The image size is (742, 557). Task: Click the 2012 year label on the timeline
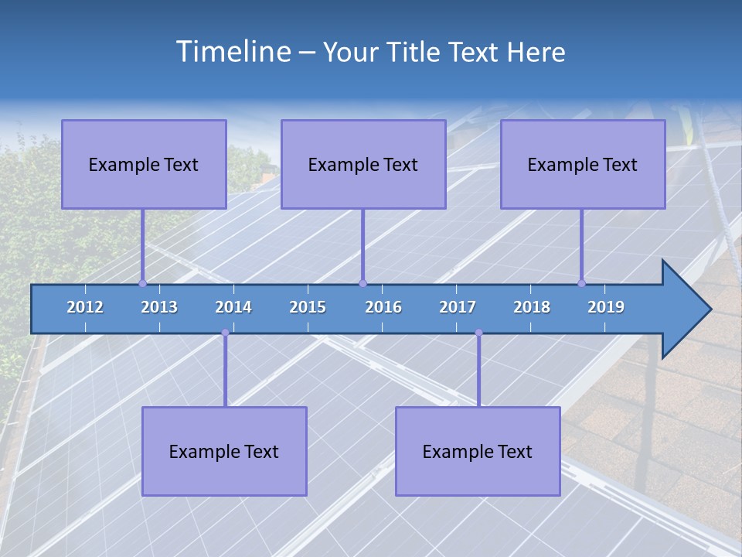click(x=85, y=307)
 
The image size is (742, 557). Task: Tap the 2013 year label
click(x=159, y=307)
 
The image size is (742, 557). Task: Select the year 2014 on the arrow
click(x=233, y=307)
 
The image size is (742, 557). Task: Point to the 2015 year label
click(x=308, y=307)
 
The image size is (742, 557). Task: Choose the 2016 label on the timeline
click(x=383, y=307)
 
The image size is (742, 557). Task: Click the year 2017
click(x=458, y=307)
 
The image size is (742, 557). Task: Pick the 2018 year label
click(x=532, y=307)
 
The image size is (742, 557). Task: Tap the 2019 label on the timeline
click(x=606, y=307)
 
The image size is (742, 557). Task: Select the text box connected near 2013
click(x=144, y=164)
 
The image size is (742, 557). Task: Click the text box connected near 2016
click(x=363, y=164)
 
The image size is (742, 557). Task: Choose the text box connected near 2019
click(x=583, y=164)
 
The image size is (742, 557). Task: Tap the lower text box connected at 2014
click(x=224, y=451)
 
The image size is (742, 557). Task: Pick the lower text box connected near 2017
click(x=478, y=451)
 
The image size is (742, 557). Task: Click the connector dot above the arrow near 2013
click(x=142, y=283)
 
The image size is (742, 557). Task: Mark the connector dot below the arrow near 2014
click(x=225, y=333)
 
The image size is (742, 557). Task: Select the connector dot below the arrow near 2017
click(x=478, y=333)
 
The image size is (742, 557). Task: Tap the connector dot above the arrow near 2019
click(x=582, y=283)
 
